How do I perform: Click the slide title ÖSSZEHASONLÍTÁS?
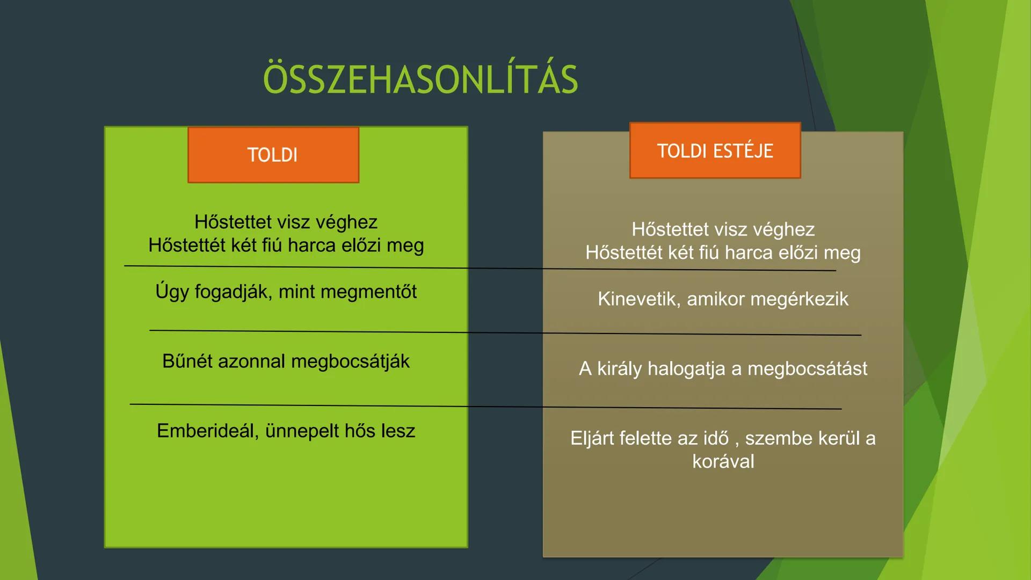tap(420, 79)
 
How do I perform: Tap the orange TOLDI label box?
tap(273, 155)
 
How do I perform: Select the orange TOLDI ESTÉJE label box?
tap(715, 150)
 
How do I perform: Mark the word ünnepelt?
tap(302, 431)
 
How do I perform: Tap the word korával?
tap(723, 461)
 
